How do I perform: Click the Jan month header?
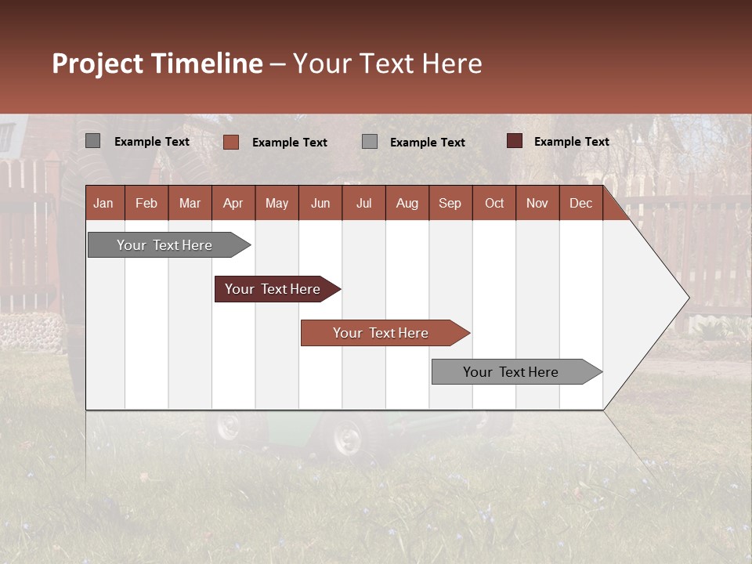click(103, 203)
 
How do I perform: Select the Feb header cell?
click(146, 203)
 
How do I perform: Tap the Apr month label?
click(233, 203)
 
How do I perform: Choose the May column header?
click(277, 203)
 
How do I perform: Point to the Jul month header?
click(363, 203)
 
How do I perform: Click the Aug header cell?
click(407, 203)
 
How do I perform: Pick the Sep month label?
click(450, 203)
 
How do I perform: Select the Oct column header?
click(494, 203)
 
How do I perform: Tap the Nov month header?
click(537, 203)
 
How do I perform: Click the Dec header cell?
click(580, 203)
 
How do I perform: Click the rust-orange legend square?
click(230, 142)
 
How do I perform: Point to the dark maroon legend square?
click(514, 141)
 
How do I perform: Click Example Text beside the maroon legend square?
click(571, 142)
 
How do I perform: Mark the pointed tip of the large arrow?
click(688, 298)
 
